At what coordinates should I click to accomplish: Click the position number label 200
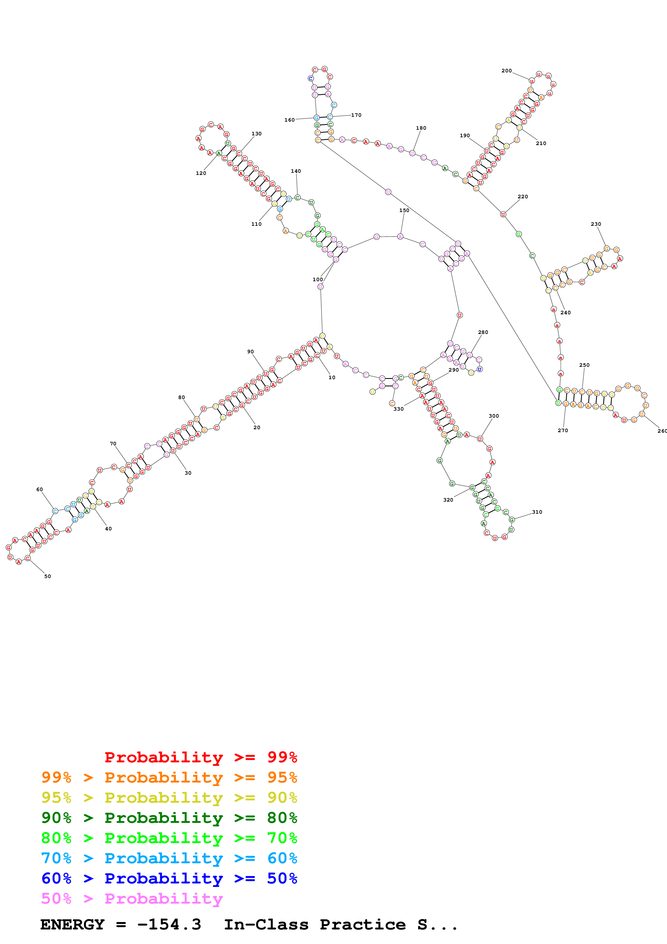coord(506,71)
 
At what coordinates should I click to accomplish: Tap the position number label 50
coord(48,576)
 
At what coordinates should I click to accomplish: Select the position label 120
coord(201,173)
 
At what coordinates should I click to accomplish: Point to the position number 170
coord(356,115)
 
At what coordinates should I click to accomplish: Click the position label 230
coord(596,224)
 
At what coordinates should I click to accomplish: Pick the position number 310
coord(537,512)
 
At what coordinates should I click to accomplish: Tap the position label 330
coord(399,409)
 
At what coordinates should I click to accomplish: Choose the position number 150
coord(404,210)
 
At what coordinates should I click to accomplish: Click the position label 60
coord(40,489)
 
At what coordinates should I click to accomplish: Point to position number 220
coord(523,196)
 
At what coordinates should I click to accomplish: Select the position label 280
coord(483,332)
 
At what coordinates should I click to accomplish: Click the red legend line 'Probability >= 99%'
coord(200,757)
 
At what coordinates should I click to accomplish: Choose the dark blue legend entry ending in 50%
coord(169,878)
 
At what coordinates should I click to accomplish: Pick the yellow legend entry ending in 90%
coord(169,797)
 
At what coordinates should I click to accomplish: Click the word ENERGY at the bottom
coord(72,924)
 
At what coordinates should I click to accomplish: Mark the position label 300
coord(494,416)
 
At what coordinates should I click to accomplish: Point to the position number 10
coord(332,378)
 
